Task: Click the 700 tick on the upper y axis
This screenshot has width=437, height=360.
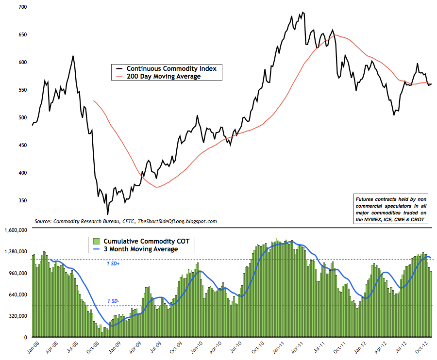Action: coord(22,7)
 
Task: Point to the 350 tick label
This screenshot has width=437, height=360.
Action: coord(22,200)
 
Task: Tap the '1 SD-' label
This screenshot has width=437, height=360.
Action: coord(114,302)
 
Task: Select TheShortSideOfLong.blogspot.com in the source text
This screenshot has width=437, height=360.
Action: coord(175,221)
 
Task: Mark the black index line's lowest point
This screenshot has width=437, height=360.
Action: coord(107,214)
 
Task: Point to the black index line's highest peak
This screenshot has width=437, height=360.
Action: coord(303,12)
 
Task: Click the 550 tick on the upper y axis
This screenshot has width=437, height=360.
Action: coord(22,90)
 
